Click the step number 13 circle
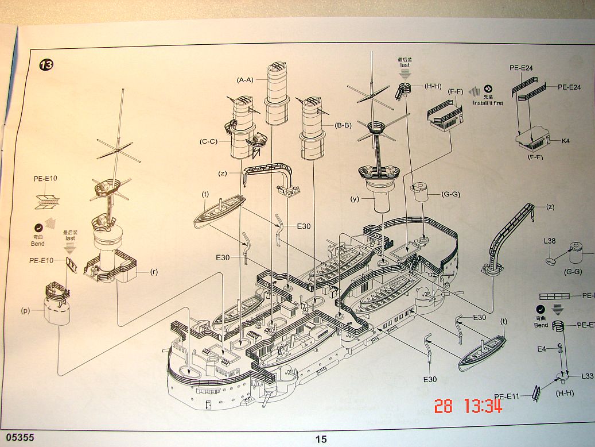pyautogui.click(x=46, y=64)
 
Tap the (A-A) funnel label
pyautogui.click(x=245, y=80)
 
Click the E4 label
pyautogui.click(x=542, y=349)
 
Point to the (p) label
pyautogui.click(x=25, y=311)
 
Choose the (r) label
pyautogui.click(x=154, y=271)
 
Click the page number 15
pyautogui.click(x=321, y=439)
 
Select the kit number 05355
pyautogui.click(x=18, y=437)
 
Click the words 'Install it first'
pyautogui.click(x=488, y=103)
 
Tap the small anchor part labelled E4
pyautogui.click(x=558, y=348)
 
